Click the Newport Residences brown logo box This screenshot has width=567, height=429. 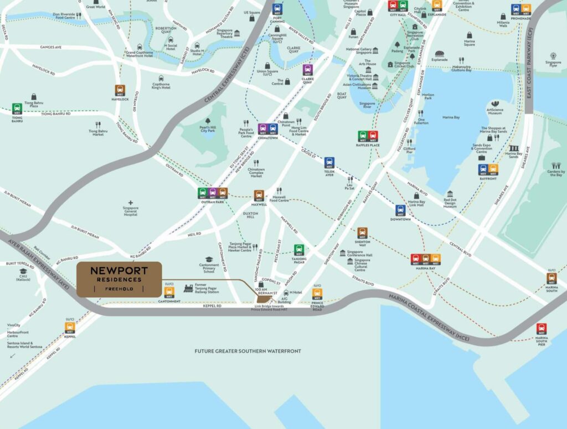(x=118, y=280)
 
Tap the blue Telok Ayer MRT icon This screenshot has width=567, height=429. (x=329, y=162)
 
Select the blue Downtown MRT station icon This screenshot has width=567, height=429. (x=400, y=210)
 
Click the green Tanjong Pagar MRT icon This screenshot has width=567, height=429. (x=299, y=250)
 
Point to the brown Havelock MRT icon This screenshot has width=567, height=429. (x=120, y=90)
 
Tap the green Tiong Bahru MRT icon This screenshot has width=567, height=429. (x=17, y=108)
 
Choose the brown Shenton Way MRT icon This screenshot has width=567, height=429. (x=362, y=232)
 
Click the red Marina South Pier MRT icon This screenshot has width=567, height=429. (x=541, y=328)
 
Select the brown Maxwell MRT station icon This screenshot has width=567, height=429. (x=259, y=195)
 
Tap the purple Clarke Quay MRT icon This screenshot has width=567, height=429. (x=308, y=70)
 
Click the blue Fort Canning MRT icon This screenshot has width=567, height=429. (x=277, y=9)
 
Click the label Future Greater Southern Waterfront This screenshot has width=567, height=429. (x=248, y=351)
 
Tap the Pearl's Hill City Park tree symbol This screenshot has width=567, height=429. (x=208, y=122)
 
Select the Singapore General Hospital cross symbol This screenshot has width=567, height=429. (x=131, y=203)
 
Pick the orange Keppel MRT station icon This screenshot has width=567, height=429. (x=70, y=328)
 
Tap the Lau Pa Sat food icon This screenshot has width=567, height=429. (x=350, y=180)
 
